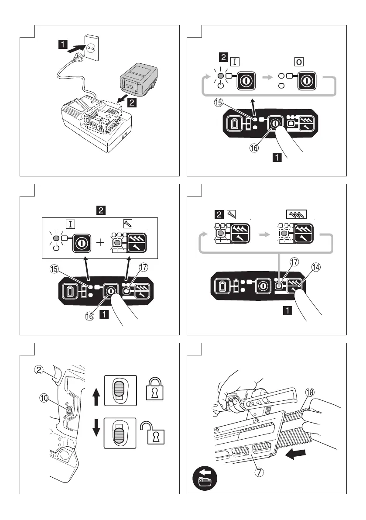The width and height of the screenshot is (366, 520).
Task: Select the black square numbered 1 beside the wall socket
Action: point(64,44)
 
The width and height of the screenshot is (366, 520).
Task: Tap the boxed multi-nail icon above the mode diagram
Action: point(296,214)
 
